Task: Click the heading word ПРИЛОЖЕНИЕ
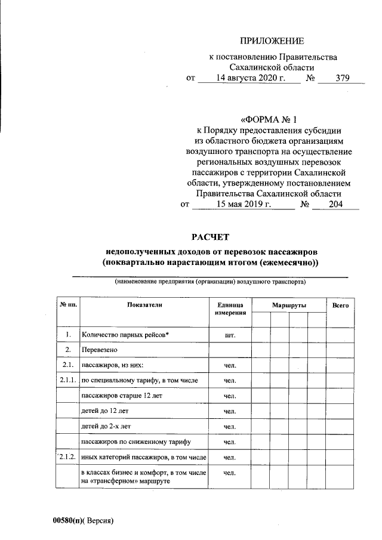click(272, 41)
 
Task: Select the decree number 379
click(342, 78)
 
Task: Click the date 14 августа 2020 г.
click(248, 78)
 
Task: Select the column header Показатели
click(144, 305)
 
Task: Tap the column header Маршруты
click(289, 305)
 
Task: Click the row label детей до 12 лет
click(104, 411)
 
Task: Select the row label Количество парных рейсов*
click(126, 335)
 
